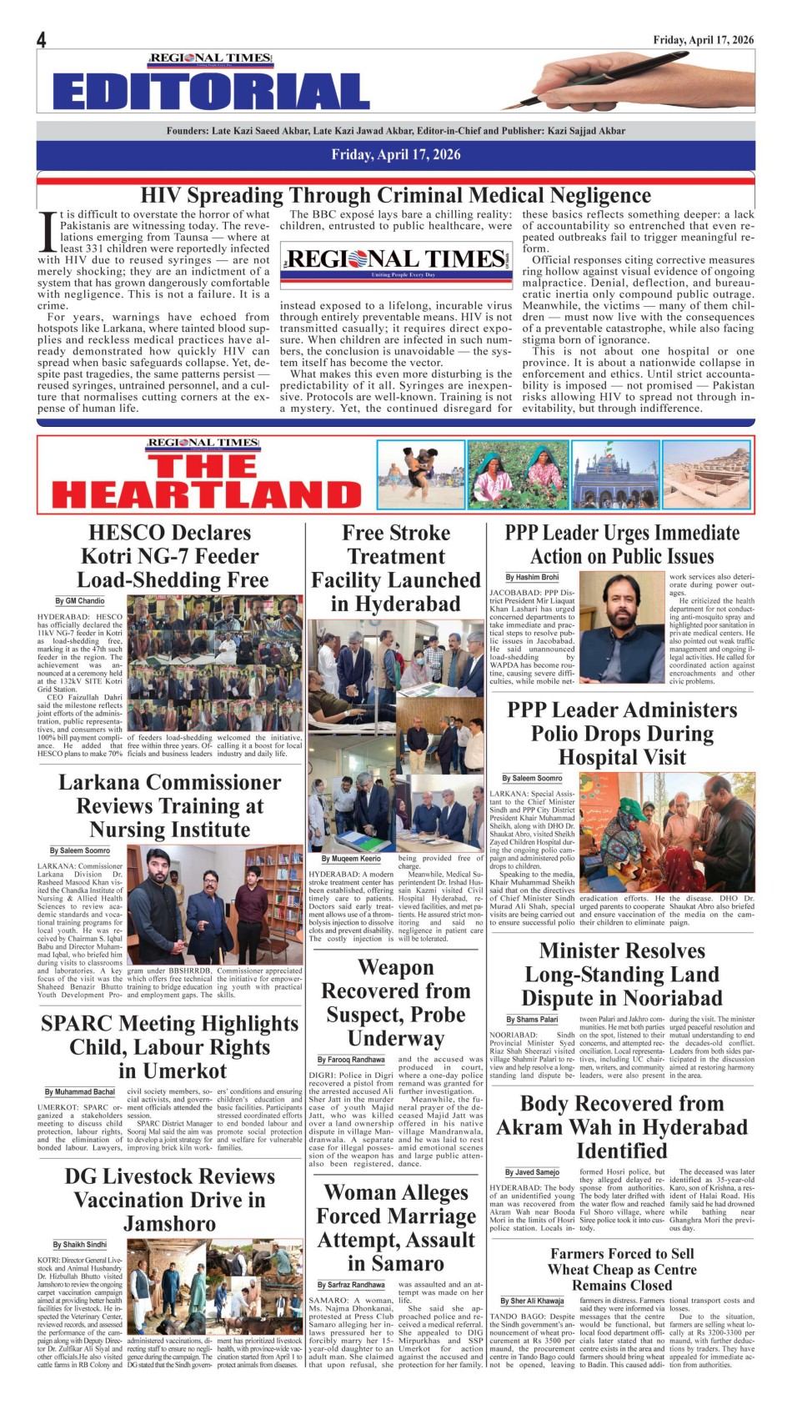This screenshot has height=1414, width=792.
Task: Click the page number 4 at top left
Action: (42, 39)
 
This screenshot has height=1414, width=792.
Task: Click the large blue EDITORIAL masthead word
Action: (211, 91)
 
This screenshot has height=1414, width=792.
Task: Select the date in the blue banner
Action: (396, 154)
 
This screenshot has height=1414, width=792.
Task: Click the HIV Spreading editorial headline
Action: (396, 195)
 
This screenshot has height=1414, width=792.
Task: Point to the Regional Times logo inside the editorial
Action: (396, 260)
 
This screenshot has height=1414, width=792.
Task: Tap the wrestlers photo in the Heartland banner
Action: (420, 474)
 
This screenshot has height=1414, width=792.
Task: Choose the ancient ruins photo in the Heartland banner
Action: (707, 474)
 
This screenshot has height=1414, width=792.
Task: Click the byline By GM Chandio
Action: (80, 600)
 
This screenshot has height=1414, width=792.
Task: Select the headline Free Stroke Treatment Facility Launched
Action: (396, 568)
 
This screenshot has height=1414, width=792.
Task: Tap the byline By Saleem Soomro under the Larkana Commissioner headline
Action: (80, 850)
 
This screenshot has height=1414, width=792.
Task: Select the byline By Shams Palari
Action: (533, 1019)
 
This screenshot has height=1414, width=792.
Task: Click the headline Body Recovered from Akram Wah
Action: (622, 1126)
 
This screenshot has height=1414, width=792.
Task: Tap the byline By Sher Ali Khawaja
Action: (533, 1300)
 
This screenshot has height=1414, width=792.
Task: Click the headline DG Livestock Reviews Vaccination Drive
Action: (170, 1199)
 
